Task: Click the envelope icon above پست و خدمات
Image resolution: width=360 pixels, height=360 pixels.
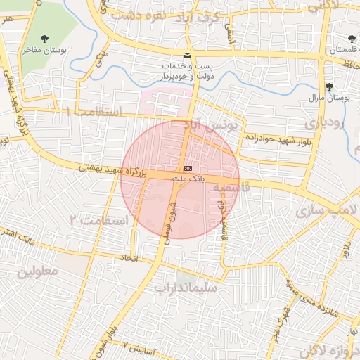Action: pos(186,54)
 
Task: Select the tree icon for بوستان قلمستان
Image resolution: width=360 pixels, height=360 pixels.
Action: pos(352,39)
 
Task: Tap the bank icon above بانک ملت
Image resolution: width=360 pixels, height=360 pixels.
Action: pos(188,169)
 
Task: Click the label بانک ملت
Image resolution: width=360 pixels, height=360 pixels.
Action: pos(188,179)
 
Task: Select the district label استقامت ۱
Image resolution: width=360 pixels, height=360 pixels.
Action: pos(93,112)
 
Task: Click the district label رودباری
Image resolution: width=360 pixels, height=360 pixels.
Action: pos(326,123)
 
